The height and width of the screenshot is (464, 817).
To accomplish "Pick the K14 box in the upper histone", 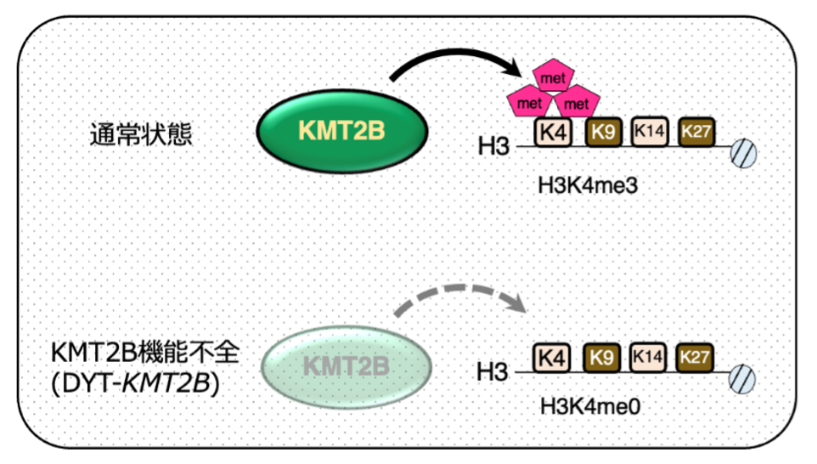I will [649, 132].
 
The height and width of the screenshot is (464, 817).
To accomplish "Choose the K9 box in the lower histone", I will [603, 358].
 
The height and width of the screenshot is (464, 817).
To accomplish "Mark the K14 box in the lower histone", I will [648, 358].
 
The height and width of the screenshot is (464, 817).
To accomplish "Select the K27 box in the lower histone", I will [695, 358].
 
